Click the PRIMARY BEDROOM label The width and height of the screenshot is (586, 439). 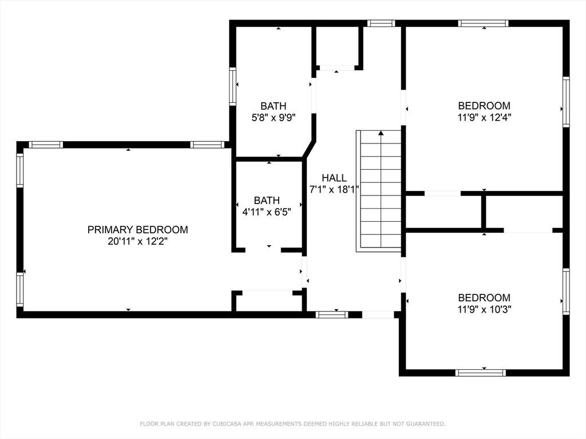coord(137,230)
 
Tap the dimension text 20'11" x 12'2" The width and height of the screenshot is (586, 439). coord(137,241)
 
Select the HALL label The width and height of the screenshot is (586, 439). coord(334,178)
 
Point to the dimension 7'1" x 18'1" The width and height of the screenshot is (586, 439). coord(334,190)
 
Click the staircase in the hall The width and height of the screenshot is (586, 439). coord(379,194)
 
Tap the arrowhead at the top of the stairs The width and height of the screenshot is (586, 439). coord(381,133)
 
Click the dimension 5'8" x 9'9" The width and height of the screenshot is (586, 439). coord(273,118)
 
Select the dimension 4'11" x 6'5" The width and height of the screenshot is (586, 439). coord(267,212)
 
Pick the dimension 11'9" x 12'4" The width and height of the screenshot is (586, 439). coord(484,118)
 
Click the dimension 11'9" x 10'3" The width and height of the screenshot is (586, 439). coord(484,309)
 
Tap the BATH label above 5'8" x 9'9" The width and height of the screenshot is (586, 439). coord(273,106)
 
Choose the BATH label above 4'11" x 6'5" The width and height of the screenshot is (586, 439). coord(267,201)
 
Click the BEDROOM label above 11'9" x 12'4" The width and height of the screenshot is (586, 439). coord(484,106)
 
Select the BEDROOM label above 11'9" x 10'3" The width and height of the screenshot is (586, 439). coord(484,298)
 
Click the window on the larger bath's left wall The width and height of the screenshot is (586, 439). coord(233,86)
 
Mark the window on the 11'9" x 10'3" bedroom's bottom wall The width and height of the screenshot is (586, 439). coord(480,373)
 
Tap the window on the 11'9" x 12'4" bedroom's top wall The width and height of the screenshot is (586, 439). coord(484,23)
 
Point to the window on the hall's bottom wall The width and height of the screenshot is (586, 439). coord(332,314)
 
